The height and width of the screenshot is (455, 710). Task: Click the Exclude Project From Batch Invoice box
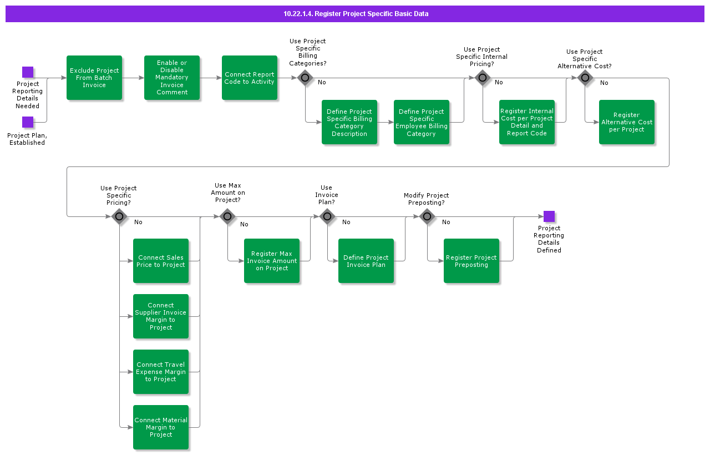(x=94, y=78)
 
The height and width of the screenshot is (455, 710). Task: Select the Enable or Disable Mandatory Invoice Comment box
(x=172, y=78)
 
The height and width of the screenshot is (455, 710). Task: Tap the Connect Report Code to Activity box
(x=250, y=78)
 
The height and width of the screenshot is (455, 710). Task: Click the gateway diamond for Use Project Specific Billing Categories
(x=305, y=78)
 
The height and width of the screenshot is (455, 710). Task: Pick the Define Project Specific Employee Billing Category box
(x=422, y=122)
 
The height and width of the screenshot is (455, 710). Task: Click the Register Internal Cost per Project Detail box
(x=527, y=122)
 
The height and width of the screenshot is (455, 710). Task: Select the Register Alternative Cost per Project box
(x=627, y=122)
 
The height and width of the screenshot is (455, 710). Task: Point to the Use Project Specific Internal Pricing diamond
(x=483, y=78)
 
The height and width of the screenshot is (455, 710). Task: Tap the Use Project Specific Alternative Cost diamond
(x=585, y=78)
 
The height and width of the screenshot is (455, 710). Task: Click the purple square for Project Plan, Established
(x=28, y=122)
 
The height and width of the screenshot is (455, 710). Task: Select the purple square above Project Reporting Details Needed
(x=28, y=72)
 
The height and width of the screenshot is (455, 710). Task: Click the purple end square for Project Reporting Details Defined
(x=549, y=216)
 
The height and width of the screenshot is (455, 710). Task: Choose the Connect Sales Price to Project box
(x=161, y=261)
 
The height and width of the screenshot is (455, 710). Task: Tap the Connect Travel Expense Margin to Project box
(x=161, y=372)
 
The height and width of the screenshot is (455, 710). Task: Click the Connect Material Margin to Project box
(x=161, y=427)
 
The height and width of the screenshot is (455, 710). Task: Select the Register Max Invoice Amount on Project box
(x=272, y=261)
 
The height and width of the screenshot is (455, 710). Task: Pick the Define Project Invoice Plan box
(x=366, y=261)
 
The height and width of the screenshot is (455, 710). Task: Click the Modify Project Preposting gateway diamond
(x=427, y=216)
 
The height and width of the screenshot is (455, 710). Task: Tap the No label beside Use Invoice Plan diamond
(x=346, y=222)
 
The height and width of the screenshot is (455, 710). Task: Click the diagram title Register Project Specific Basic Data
(x=356, y=14)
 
